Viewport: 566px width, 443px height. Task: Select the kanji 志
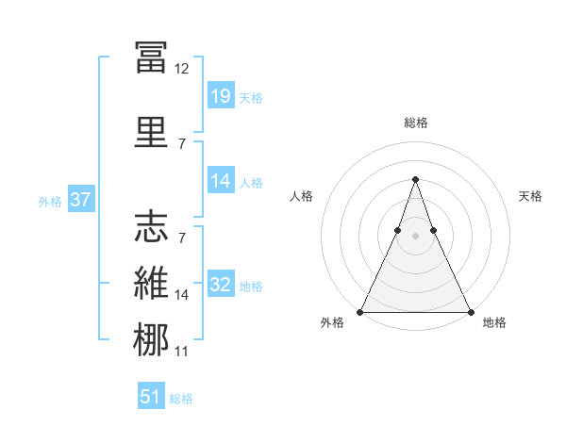[x=151, y=227]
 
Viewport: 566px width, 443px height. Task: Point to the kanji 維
[x=151, y=284]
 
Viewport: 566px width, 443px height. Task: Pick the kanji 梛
[x=151, y=340]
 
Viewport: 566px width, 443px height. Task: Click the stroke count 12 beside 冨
[x=182, y=69]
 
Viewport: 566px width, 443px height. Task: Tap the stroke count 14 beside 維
[x=182, y=295]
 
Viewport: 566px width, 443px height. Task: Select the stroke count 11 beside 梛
[x=182, y=352]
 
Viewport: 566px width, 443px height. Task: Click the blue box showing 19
[x=221, y=95]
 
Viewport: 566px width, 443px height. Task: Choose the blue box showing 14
[x=221, y=182]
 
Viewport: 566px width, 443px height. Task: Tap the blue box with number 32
[x=221, y=286]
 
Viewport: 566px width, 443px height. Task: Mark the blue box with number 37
[x=80, y=200]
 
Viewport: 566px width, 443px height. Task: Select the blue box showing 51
[x=151, y=397]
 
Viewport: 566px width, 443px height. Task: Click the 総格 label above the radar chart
[x=416, y=123]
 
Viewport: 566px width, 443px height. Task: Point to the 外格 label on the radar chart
[x=332, y=322]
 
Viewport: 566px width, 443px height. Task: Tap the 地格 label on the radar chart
[x=494, y=322]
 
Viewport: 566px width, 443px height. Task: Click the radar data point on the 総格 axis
[x=415, y=179]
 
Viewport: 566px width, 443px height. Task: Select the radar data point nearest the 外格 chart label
[x=361, y=311]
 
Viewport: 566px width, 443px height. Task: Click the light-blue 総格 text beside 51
[x=181, y=399]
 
